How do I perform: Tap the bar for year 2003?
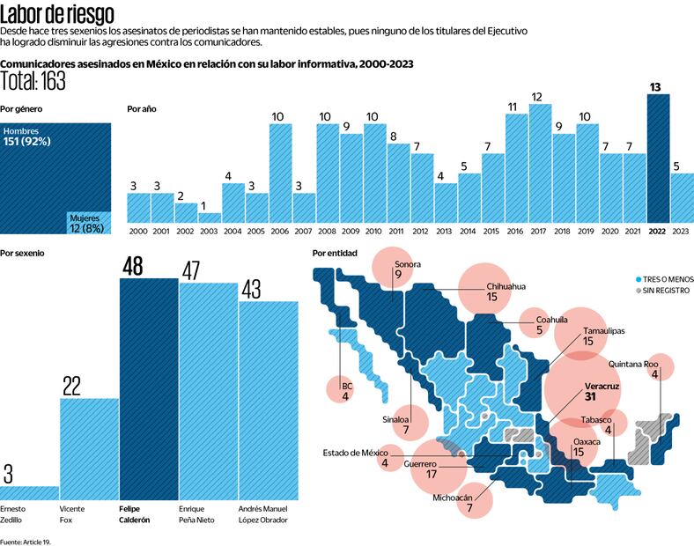(210, 217)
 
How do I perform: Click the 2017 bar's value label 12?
(536, 97)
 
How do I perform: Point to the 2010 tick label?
(374, 231)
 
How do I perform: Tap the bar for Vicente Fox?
(89, 449)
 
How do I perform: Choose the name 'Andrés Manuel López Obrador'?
(269, 514)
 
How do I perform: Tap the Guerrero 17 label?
(421, 468)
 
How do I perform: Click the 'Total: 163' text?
(34, 81)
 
